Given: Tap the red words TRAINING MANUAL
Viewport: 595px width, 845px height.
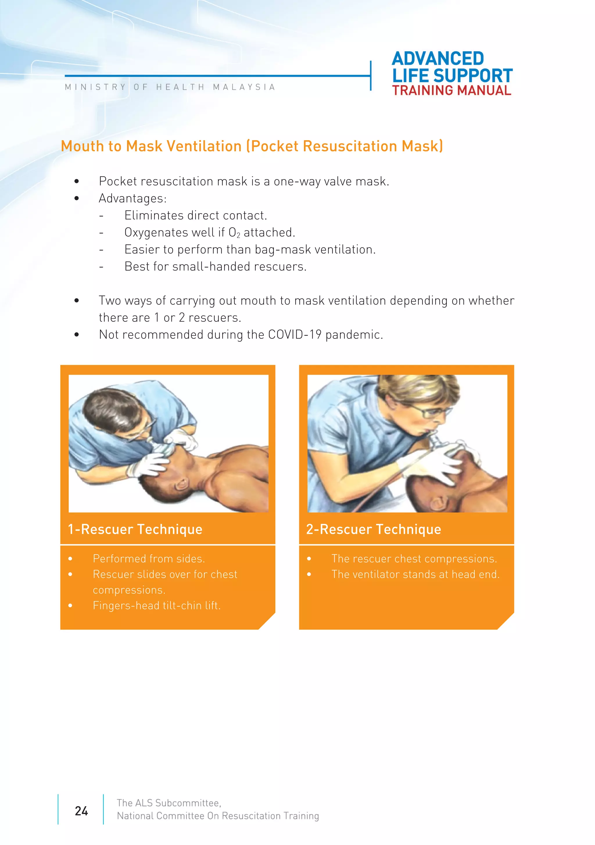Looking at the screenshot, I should point(451,90).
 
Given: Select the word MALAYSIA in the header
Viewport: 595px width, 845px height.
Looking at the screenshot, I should point(244,87).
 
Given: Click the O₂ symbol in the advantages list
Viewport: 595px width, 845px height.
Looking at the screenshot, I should point(234,233).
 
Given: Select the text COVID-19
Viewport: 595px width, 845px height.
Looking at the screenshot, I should point(294,335).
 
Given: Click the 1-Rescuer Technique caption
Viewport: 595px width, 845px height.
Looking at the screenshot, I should point(135,529).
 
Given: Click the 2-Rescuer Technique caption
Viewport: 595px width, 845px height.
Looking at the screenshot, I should point(373,529).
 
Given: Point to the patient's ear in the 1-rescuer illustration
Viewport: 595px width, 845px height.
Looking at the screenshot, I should point(181,485).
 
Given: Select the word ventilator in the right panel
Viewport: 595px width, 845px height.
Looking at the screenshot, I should point(375,575).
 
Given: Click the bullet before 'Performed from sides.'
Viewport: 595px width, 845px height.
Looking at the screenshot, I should point(71,559).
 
